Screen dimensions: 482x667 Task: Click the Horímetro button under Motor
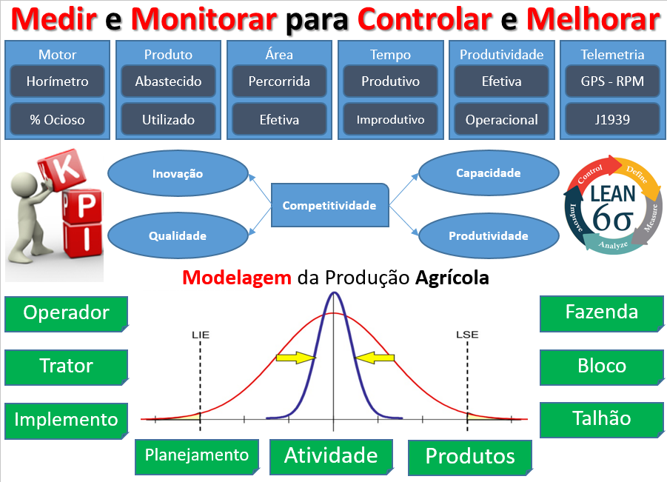click(57, 81)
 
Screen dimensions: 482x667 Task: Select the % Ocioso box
click(57, 119)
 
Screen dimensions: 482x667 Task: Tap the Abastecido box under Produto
click(168, 81)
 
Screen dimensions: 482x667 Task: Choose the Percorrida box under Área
click(279, 81)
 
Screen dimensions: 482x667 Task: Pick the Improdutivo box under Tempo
click(390, 119)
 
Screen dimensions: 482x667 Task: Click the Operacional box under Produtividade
click(501, 119)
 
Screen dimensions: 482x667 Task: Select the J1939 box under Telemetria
click(612, 119)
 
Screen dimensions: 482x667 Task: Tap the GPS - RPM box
click(612, 81)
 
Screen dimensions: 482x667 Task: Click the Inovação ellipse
click(178, 174)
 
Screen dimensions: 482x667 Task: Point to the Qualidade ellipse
click(178, 235)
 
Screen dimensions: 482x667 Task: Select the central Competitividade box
click(329, 205)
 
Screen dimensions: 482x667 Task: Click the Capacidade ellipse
click(489, 173)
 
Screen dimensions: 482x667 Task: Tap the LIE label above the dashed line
click(200, 334)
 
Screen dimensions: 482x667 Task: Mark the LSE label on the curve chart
click(466, 334)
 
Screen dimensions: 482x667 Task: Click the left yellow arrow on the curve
click(295, 358)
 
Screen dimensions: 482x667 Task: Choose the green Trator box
click(66, 366)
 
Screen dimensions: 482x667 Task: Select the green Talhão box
click(601, 418)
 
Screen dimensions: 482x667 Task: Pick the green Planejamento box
click(197, 454)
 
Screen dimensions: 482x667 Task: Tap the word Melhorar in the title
click(593, 20)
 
